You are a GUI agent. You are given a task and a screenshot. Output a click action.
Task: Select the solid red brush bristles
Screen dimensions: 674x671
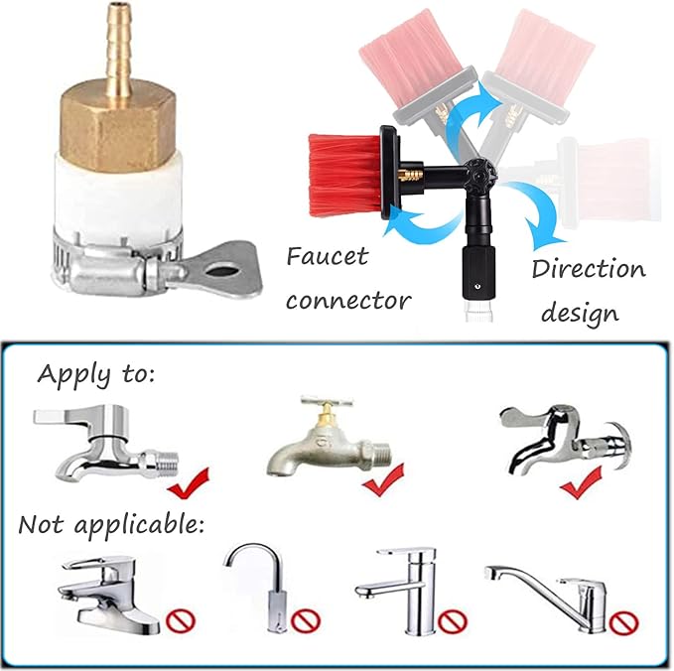point(344,175)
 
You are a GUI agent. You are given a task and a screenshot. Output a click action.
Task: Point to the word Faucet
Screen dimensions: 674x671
point(328,257)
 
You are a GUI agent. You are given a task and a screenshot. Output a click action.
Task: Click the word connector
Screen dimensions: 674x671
point(348,301)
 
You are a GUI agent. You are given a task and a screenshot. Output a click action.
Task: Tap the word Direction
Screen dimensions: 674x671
point(589,269)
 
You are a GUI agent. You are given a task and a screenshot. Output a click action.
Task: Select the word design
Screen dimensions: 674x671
point(580,314)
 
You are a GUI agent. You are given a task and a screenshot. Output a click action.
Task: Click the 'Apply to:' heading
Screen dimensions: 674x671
point(95,374)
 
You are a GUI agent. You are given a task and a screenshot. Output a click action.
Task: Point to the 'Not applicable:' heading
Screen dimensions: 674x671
point(111,525)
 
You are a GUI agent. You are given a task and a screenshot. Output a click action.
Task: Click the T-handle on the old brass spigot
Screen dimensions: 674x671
point(328,402)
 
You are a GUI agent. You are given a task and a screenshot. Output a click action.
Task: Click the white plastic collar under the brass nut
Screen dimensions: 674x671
point(119,194)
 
